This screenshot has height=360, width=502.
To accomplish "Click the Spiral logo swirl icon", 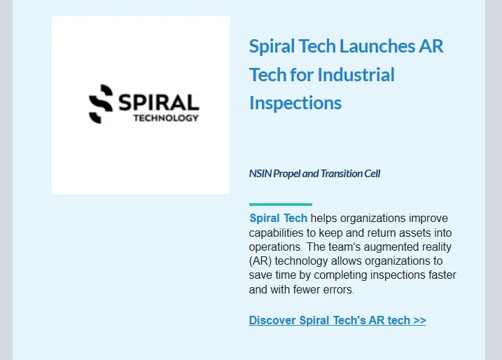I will click(x=101, y=104).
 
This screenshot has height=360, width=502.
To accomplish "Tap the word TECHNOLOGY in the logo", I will click(x=166, y=118).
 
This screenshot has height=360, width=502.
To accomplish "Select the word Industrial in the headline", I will click(x=356, y=75).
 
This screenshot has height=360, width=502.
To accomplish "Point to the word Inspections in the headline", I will click(x=295, y=103).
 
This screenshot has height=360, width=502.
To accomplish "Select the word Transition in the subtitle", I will click(x=342, y=174).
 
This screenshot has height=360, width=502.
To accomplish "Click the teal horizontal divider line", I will click(x=280, y=205).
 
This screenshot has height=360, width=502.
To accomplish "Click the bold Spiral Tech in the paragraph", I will click(x=278, y=219).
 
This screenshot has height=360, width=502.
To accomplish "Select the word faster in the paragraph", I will click(x=439, y=275).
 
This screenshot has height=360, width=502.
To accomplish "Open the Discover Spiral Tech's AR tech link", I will click(x=329, y=321).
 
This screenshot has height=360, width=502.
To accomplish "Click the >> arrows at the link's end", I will click(x=419, y=321).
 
